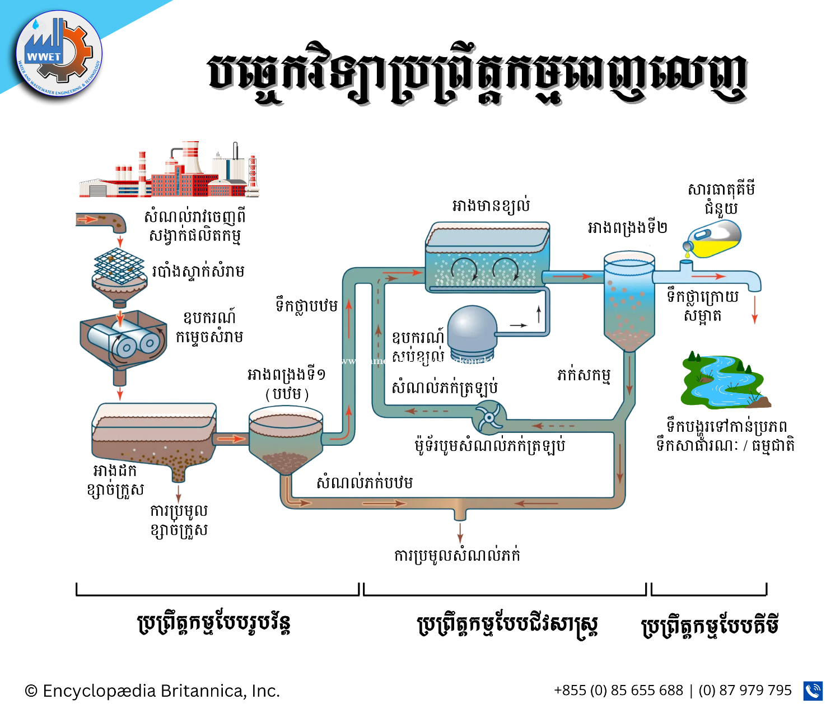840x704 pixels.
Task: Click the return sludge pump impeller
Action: tap(489, 416)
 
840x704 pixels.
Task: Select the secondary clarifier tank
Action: tap(629, 300)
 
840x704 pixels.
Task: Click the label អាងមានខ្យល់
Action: tap(491, 207)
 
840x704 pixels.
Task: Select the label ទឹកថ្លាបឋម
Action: tap(306, 306)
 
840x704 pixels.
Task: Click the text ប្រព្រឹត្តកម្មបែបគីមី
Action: tap(710, 626)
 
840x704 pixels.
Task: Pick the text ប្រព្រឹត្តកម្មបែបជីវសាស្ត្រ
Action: tap(507, 625)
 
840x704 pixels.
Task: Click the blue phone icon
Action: tap(813, 691)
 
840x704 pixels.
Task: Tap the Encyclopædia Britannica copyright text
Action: tap(152, 691)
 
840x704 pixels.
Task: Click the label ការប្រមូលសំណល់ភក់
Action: tap(457, 556)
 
